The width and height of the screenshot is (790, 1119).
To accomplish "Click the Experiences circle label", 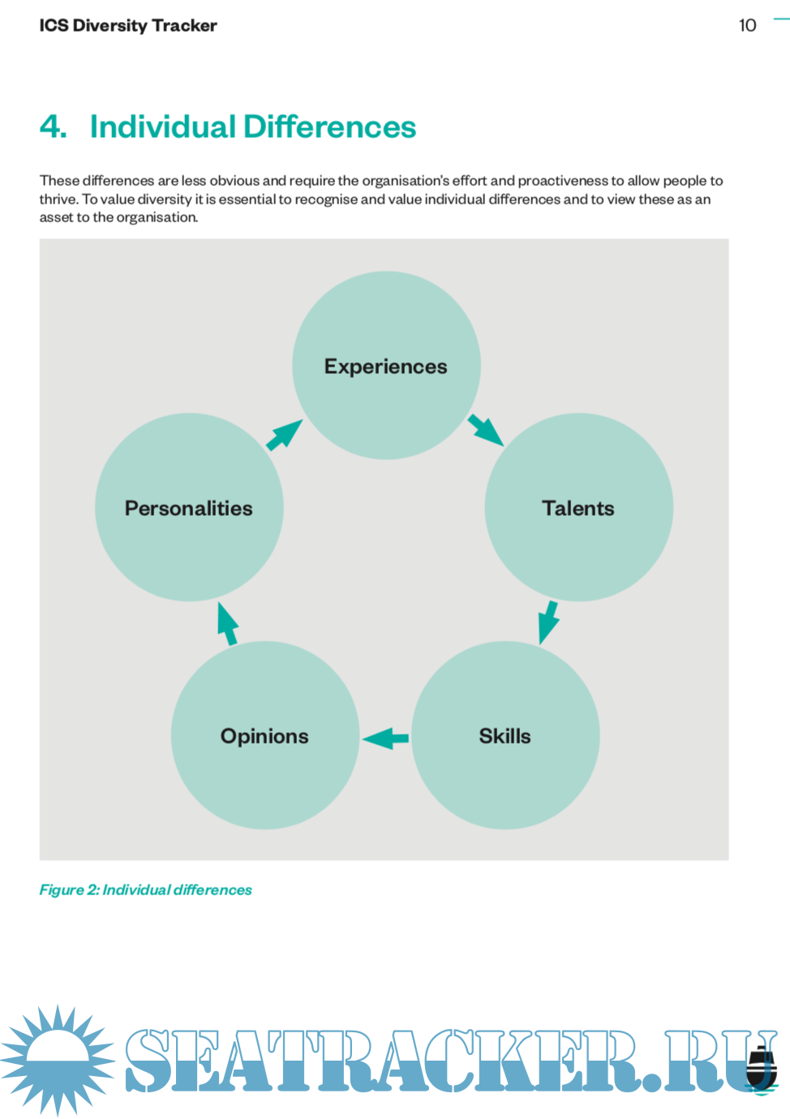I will [x=385, y=367].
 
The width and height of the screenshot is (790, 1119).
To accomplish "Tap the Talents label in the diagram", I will [x=577, y=508].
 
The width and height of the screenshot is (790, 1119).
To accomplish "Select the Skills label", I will [x=504, y=736].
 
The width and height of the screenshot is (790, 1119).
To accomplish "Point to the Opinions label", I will [x=264, y=736].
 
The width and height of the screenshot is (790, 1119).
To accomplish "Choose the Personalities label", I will [x=188, y=508].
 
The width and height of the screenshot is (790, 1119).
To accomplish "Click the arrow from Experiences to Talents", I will [x=486, y=430].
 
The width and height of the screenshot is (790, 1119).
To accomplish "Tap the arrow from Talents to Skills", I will [x=548, y=622].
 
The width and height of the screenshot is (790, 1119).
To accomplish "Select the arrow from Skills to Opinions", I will [x=385, y=738].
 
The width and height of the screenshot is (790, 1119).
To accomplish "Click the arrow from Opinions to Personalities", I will [x=227, y=624].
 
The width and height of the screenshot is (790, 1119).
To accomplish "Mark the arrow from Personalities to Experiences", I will [x=284, y=435].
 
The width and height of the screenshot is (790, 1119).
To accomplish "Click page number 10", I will [x=747, y=25].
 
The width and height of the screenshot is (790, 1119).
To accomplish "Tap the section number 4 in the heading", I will [x=53, y=126].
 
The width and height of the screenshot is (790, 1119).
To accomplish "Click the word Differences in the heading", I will [x=329, y=126].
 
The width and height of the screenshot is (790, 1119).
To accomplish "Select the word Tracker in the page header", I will [x=184, y=25].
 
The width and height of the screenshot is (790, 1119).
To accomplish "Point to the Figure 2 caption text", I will [x=145, y=890].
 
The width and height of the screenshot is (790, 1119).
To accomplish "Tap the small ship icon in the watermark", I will [x=761, y=1067].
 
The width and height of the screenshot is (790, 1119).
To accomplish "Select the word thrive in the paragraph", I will [x=58, y=199].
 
